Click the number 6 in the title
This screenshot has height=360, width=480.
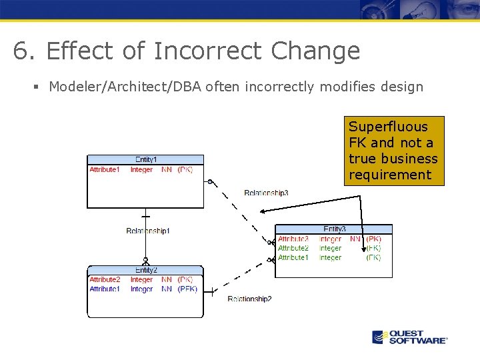point(20,51)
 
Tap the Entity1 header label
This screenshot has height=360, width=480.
point(146,159)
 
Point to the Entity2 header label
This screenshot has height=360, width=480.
point(146,270)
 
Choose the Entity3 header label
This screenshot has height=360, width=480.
point(334,229)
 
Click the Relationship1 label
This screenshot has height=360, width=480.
point(148,231)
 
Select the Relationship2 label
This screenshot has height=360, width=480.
point(249,299)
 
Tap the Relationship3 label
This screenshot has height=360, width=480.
point(266,193)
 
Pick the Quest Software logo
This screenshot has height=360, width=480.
point(409,337)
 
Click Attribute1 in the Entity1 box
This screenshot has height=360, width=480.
point(105,170)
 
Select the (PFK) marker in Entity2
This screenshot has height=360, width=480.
point(187,289)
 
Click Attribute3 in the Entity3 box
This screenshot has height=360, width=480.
point(293,239)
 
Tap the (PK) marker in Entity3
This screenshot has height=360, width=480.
point(373,239)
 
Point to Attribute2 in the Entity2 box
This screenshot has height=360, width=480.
point(105,280)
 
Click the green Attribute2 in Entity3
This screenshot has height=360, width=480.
point(293,248)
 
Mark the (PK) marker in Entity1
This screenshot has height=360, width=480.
point(185,170)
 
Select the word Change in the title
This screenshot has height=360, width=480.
point(315,51)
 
